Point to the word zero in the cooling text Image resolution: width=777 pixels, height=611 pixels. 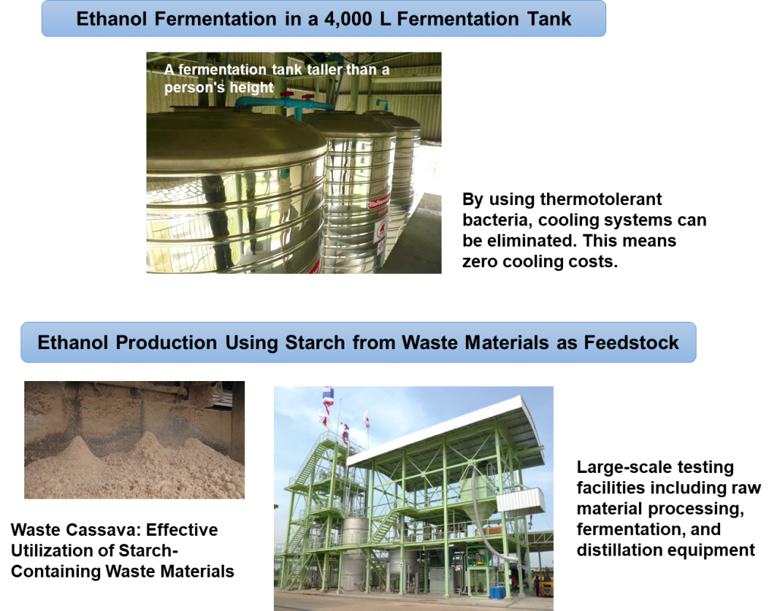tap(480, 261)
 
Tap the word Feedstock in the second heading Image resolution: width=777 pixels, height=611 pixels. tap(631, 342)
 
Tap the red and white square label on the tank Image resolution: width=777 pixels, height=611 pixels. tap(381, 234)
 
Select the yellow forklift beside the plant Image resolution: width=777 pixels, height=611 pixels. tap(546, 587)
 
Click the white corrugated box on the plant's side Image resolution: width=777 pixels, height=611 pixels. tap(521, 499)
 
